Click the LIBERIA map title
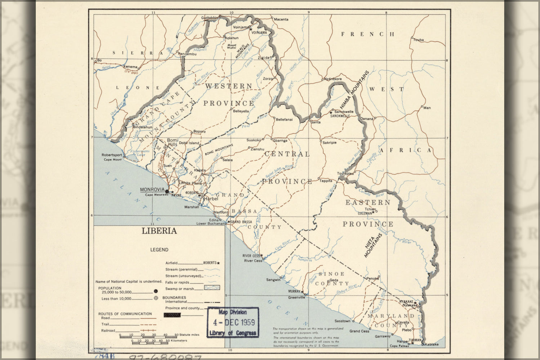click(159, 231)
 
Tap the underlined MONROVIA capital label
click(152, 190)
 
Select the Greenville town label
click(296, 298)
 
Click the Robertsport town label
click(112, 156)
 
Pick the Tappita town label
click(326, 181)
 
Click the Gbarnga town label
click(280, 140)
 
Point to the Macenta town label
click(281, 19)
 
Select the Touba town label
click(419, 40)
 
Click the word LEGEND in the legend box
click(159, 249)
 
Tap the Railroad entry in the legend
click(108, 330)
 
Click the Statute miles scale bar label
click(189, 335)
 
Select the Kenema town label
click(130, 67)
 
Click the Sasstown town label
click(342, 321)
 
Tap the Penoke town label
click(372, 278)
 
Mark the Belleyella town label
click(241, 111)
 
